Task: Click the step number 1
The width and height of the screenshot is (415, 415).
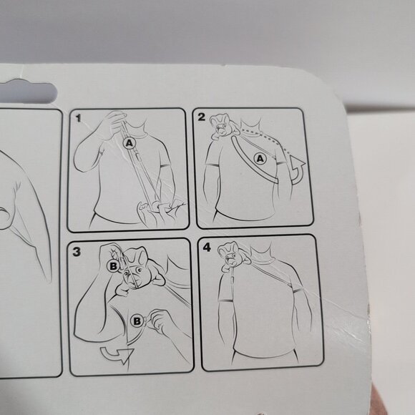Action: (x=78, y=118)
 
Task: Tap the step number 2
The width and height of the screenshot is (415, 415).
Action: (x=202, y=117)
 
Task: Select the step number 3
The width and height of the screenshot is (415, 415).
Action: (x=77, y=251)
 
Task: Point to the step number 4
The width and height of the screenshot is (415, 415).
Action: (x=207, y=248)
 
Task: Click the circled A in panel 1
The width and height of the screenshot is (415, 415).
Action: (x=130, y=143)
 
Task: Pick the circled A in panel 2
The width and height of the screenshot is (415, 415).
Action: (x=260, y=159)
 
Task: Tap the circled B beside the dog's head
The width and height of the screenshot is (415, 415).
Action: (x=113, y=266)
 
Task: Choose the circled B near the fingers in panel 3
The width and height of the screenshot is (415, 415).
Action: (x=137, y=321)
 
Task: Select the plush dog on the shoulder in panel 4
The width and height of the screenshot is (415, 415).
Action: (x=233, y=256)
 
